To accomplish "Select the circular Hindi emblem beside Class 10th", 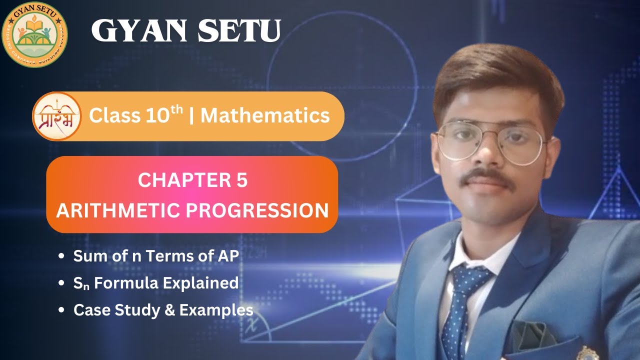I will pos(56,116).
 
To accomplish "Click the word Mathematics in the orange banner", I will pos(265,116).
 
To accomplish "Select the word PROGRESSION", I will pos(257,210).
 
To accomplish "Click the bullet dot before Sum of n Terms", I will pos(61,256).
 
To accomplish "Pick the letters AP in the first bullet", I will pos(229,256).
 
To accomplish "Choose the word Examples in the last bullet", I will pos(216,310).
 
